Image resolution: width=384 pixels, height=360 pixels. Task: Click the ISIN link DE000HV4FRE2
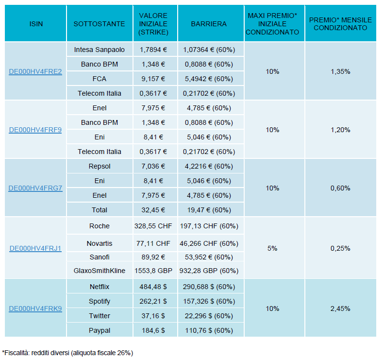[x=35, y=71]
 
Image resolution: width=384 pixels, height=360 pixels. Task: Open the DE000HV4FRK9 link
[x=35, y=309]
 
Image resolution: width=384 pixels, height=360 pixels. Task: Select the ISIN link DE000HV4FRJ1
[x=35, y=248]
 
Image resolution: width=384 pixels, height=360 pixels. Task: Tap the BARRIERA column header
[x=209, y=24]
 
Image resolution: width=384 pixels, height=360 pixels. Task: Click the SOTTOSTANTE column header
[x=99, y=24]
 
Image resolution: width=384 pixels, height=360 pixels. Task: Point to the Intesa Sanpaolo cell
[x=99, y=50]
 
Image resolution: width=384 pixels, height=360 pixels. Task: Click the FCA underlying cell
[x=99, y=79]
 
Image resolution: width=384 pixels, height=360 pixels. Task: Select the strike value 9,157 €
[x=153, y=79]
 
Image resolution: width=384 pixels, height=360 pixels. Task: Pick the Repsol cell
[x=99, y=166]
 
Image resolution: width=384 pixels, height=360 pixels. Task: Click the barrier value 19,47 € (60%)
[x=209, y=210]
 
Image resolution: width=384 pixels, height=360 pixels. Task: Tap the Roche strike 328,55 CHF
[x=153, y=226]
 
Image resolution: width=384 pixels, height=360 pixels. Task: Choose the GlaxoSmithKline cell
[x=99, y=271]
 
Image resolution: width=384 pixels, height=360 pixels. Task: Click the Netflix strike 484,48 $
[x=153, y=287]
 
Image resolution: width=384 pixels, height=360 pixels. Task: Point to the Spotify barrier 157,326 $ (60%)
[x=209, y=301]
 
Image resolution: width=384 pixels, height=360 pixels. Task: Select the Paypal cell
[x=99, y=330]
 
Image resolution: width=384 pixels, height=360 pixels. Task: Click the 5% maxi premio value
[x=272, y=248]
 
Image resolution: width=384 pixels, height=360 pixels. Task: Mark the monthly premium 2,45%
[x=340, y=309]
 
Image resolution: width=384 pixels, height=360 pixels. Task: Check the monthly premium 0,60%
[x=340, y=188]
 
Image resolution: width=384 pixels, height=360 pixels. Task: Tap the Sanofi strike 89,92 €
[x=153, y=257]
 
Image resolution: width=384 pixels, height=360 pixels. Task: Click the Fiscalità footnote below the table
[x=67, y=353]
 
